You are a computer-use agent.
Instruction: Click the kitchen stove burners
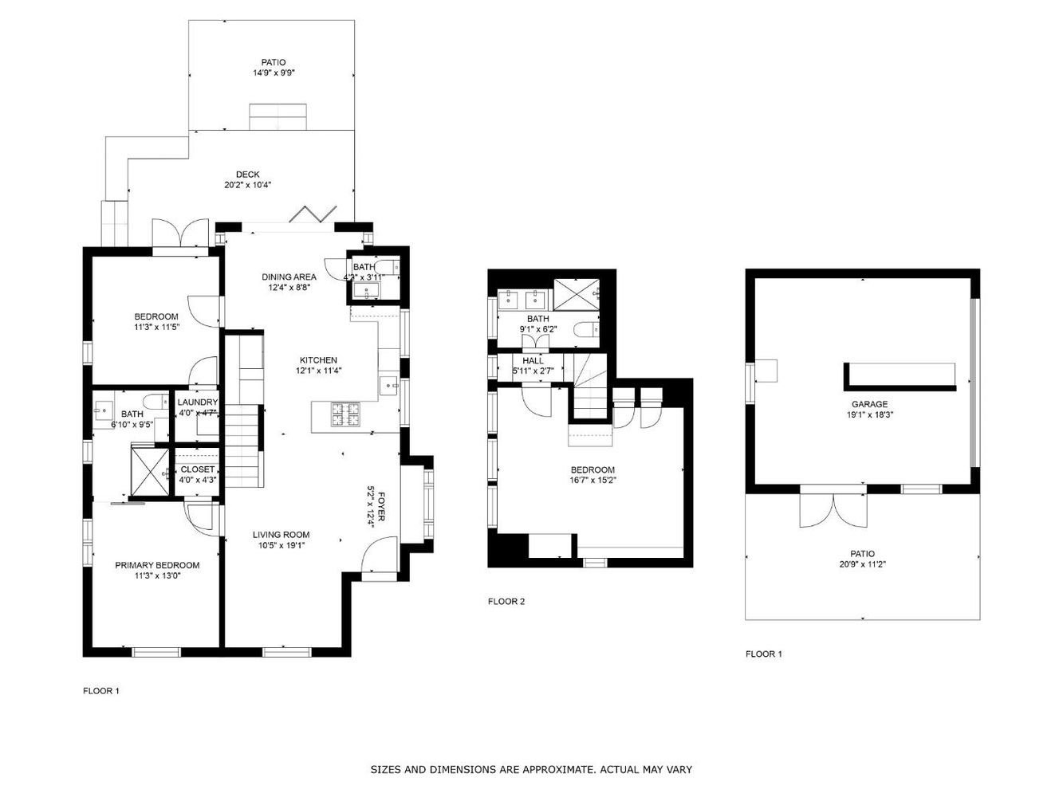coord(346,414)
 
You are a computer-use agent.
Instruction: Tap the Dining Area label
coord(289,277)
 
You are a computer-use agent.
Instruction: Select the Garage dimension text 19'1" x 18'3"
coord(869,414)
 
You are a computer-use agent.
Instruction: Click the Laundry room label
coord(198,402)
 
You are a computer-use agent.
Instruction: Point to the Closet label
coord(198,469)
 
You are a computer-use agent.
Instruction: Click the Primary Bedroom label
coord(157,565)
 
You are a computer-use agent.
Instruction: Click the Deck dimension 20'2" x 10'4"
coord(248,185)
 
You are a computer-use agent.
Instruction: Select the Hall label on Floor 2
coord(533,360)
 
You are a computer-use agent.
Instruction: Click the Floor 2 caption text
coord(506,602)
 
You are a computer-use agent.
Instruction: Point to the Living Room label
coord(281,535)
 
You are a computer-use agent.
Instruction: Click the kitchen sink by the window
coord(389,386)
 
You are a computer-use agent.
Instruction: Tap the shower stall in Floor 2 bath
coord(577,295)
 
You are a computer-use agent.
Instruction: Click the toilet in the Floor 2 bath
coord(586,331)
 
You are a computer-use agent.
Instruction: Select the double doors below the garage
coord(833,511)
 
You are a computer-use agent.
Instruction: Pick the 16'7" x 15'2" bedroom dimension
coord(593,481)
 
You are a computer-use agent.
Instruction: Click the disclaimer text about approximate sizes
coord(531,769)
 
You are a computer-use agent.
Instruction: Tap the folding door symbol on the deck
coord(313,214)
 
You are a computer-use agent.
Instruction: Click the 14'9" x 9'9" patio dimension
coord(274,73)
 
